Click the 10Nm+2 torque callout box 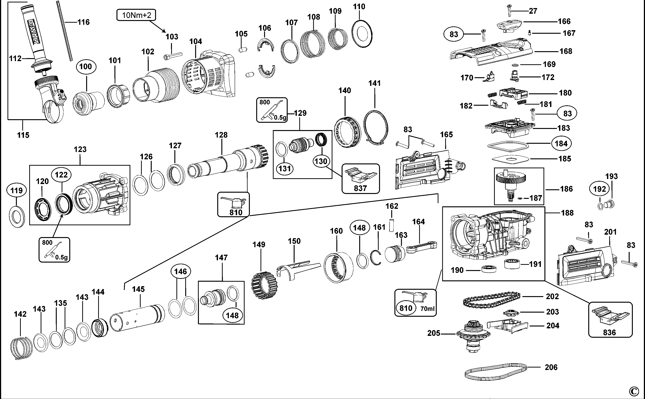pyautogui.click(x=136, y=15)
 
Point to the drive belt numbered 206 pyautogui.click(x=496, y=372)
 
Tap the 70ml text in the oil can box pyautogui.click(x=427, y=308)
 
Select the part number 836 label pyautogui.click(x=609, y=332)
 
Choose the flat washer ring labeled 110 pyautogui.click(x=362, y=34)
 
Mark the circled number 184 pyautogui.click(x=561, y=144)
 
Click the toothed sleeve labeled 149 pyautogui.click(x=264, y=285)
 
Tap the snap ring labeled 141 pyautogui.click(x=376, y=127)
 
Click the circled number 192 pyautogui.click(x=599, y=189)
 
